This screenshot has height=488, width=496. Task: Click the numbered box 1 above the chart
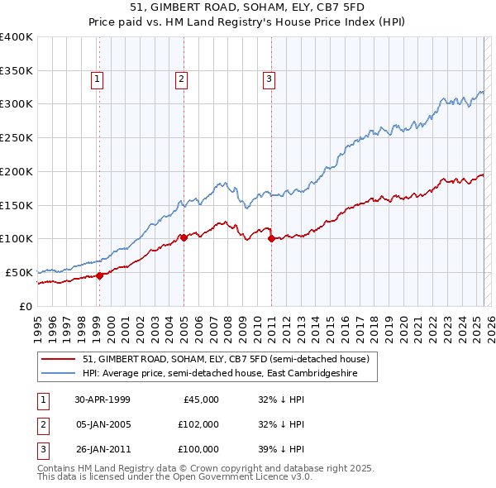[98, 79]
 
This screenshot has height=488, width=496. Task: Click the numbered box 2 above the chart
[181, 79]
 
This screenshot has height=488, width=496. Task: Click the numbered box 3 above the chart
[269, 79]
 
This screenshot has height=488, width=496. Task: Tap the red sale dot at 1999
[100, 276]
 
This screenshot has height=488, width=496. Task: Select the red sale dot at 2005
[184, 237]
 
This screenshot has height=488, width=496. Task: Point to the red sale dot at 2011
[271, 239]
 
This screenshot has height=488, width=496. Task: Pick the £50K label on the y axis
[19, 272]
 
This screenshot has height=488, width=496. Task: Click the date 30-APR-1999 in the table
[103, 399]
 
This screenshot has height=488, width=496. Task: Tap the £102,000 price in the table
[198, 424]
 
